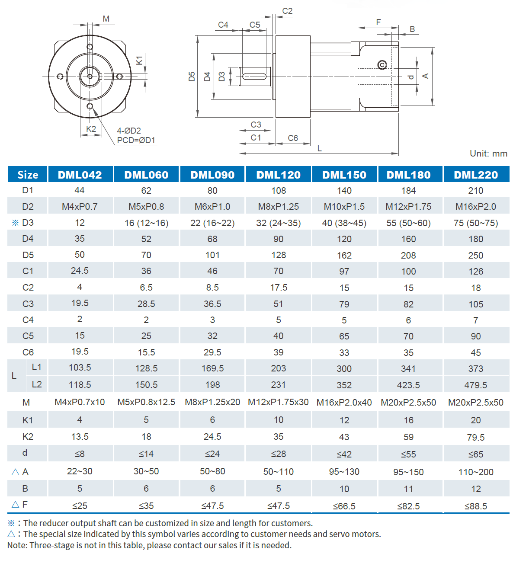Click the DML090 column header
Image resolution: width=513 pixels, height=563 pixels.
point(212,175)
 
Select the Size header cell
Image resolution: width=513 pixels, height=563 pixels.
point(28,175)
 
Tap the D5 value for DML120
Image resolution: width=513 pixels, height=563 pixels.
point(279,255)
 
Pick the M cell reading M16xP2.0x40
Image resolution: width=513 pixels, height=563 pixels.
point(344,403)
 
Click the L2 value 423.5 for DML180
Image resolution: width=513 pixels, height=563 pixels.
point(408,385)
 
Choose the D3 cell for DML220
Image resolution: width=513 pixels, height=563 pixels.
point(475,223)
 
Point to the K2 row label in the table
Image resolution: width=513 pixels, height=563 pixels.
point(28,437)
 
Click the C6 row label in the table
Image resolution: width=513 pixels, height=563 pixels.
point(28,352)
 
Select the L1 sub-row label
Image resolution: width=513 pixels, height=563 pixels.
point(37,367)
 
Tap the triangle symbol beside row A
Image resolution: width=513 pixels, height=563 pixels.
point(15,472)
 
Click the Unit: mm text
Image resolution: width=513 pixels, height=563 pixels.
point(488,154)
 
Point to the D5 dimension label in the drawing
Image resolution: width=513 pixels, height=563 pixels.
point(192,77)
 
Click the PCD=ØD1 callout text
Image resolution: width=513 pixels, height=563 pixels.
point(136,141)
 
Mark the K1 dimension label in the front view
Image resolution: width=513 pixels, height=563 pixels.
point(139,60)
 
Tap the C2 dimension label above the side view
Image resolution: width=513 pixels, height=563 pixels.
point(287,11)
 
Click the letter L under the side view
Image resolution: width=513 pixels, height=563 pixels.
point(319,148)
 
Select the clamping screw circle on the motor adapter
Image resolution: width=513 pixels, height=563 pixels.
point(382,65)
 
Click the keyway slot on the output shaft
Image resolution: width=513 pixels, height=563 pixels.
point(254,77)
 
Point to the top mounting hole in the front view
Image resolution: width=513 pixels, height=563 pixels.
point(90,47)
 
